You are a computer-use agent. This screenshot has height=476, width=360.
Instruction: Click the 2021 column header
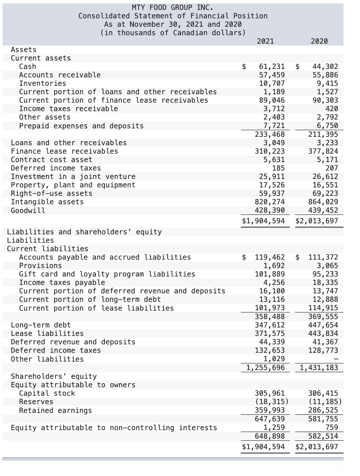click(x=265, y=41)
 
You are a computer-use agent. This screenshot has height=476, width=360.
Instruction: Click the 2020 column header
click(x=319, y=41)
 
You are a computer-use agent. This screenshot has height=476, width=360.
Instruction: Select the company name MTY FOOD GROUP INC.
click(x=173, y=7)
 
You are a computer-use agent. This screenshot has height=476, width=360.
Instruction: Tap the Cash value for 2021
click(x=272, y=66)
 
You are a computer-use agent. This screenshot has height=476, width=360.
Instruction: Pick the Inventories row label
click(x=43, y=83)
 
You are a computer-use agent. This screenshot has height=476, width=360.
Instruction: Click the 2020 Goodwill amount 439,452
click(x=323, y=210)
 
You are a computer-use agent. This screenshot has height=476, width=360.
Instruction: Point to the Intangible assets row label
click(x=47, y=202)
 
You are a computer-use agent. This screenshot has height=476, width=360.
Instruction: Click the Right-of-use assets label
click(x=51, y=193)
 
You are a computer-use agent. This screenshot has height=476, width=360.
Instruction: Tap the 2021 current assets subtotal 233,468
click(x=270, y=134)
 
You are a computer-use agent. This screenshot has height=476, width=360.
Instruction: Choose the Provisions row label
click(x=40, y=266)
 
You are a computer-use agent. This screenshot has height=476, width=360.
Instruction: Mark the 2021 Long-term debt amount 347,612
click(x=270, y=325)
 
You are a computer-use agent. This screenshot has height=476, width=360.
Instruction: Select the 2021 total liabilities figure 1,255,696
click(x=265, y=367)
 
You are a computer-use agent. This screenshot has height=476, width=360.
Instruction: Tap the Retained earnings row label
click(x=55, y=410)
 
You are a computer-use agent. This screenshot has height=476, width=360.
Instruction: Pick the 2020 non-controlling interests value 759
click(x=331, y=427)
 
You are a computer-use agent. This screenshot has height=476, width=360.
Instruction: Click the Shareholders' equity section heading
click(x=54, y=376)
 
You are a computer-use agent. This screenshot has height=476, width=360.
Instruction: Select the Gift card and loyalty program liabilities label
click(x=107, y=274)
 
